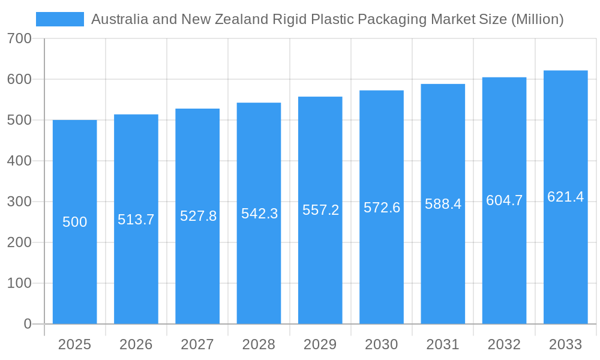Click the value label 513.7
[136, 220]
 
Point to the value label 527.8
[198, 216]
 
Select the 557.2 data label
[320, 210]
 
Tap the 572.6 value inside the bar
[382, 208]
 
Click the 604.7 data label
[504, 200]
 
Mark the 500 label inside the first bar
[75, 222]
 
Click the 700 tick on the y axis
[19, 38]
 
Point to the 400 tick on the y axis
[19, 161]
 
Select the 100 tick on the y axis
[19, 283]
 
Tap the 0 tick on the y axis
[28, 324]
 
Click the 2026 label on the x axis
[136, 344]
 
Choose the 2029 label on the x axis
[320, 344]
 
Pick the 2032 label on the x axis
[504, 344]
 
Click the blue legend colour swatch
[60, 19]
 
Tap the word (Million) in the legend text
[537, 19]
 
